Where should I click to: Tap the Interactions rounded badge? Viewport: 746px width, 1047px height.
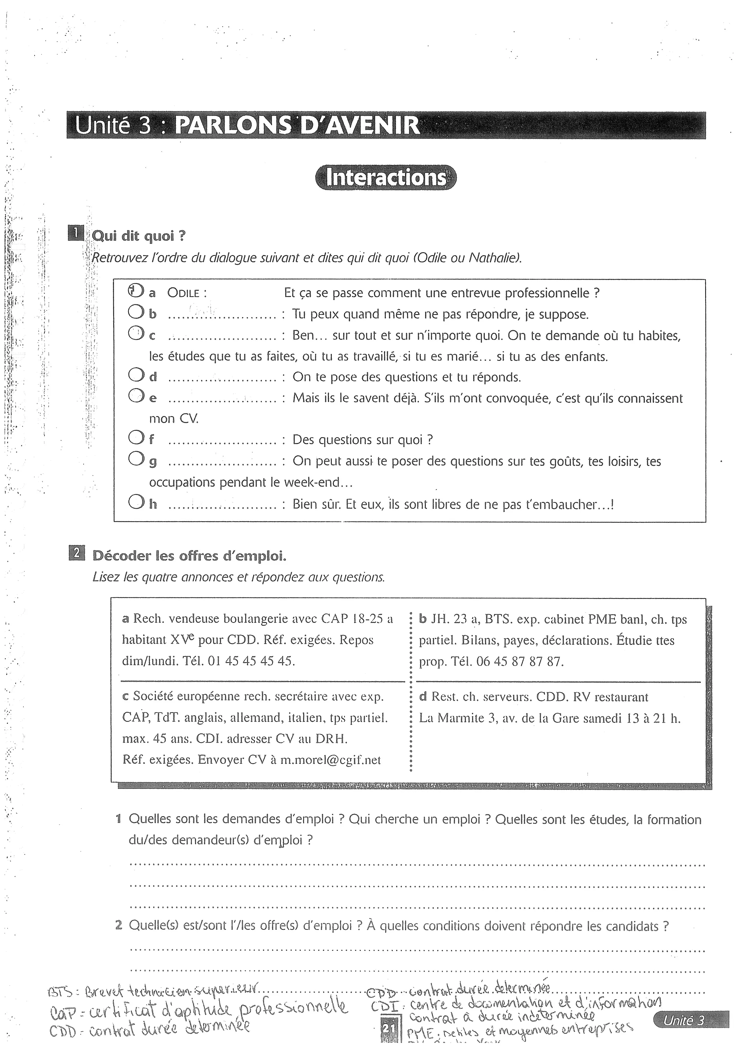click(x=386, y=178)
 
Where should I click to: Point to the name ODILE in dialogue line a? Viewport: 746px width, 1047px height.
click(x=186, y=293)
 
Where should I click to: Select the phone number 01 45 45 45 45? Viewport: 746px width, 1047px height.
click(x=251, y=661)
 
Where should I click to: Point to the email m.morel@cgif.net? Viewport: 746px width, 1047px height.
click(x=331, y=760)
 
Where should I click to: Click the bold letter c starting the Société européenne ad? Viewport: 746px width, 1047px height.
click(x=125, y=697)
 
